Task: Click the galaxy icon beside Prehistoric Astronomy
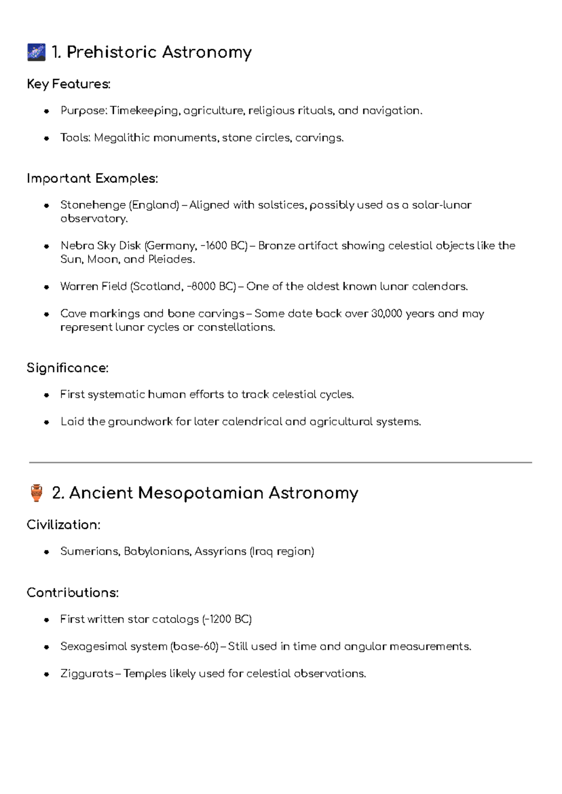pos(37,52)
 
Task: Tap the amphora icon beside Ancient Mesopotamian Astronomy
pos(37,493)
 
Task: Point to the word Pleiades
pos(170,260)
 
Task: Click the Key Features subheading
pos(68,84)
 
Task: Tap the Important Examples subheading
pos(92,179)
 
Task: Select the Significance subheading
pos(67,368)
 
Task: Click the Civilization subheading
pos(63,525)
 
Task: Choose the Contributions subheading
pos(73,593)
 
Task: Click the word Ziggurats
pos(87,674)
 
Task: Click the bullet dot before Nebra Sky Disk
pos(46,247)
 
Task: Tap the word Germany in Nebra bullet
pos(172,246)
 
